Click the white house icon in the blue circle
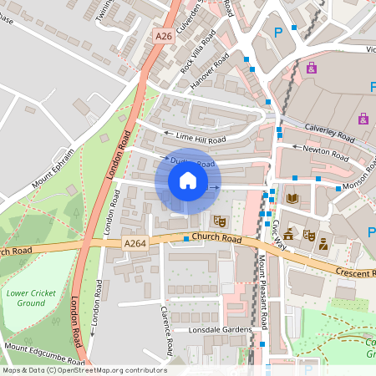click(x=188, y=180)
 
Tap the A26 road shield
click(x=164, y=36)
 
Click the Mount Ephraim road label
click(x=53, y=168)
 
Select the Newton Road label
click(x=327, y=153)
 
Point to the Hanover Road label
click(x=209, y=71)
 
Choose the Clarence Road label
click(x=167, y=329)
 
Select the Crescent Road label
click(x=354, y=272)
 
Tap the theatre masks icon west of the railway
click(x=220, y=221)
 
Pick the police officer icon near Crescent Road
click(x=323, y=243)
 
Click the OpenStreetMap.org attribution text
click(x=109, y=370)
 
